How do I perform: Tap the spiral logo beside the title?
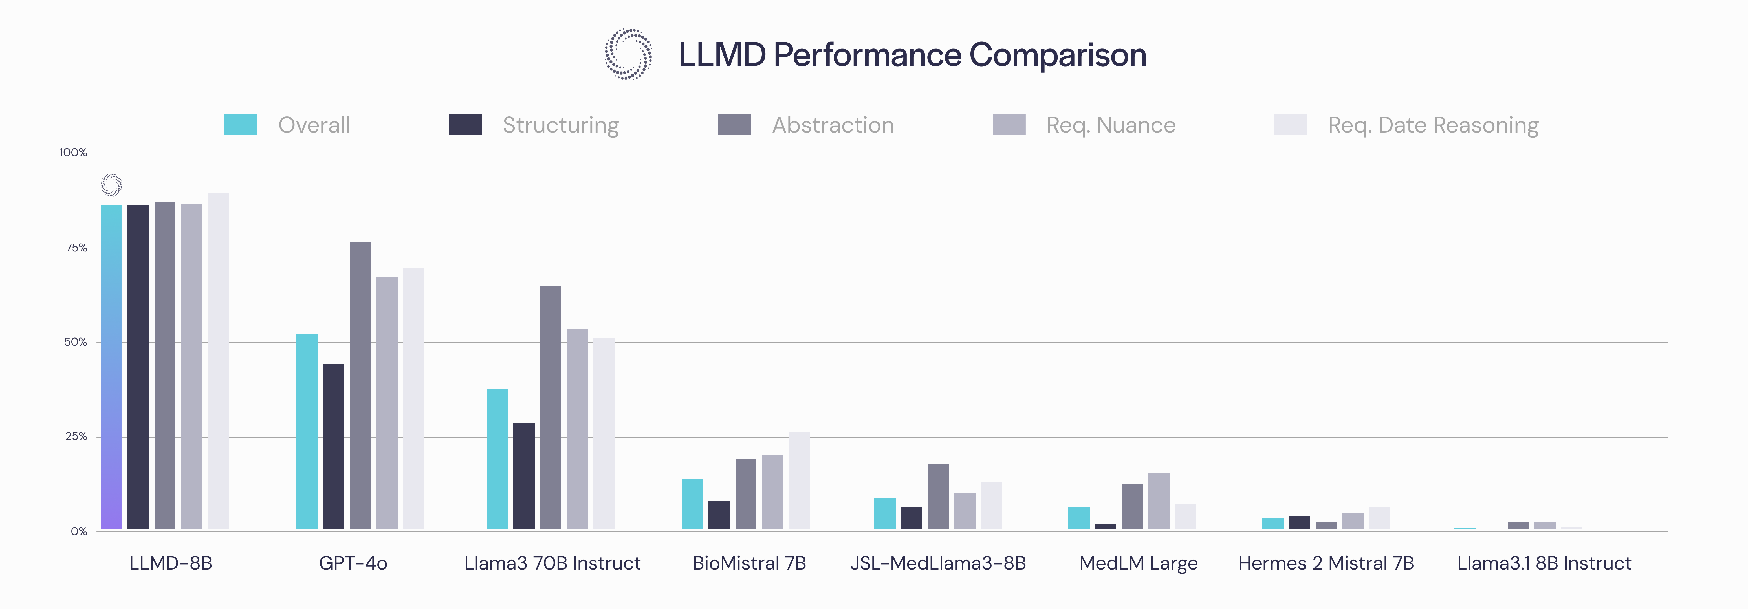[628, 54]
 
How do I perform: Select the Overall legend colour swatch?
[241, 125]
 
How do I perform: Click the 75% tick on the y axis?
[76, 248]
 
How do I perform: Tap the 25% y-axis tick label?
[76, 437]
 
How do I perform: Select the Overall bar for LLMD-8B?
[112, 367]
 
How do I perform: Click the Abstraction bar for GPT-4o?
[360, 386]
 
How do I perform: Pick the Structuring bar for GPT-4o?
[333, 447]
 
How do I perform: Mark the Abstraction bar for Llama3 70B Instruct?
[551, 408]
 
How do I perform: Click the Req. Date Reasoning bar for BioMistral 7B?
[799, 481]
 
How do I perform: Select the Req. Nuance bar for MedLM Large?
[1159, 501]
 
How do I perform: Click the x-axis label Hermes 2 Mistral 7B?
[1326, 564]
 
